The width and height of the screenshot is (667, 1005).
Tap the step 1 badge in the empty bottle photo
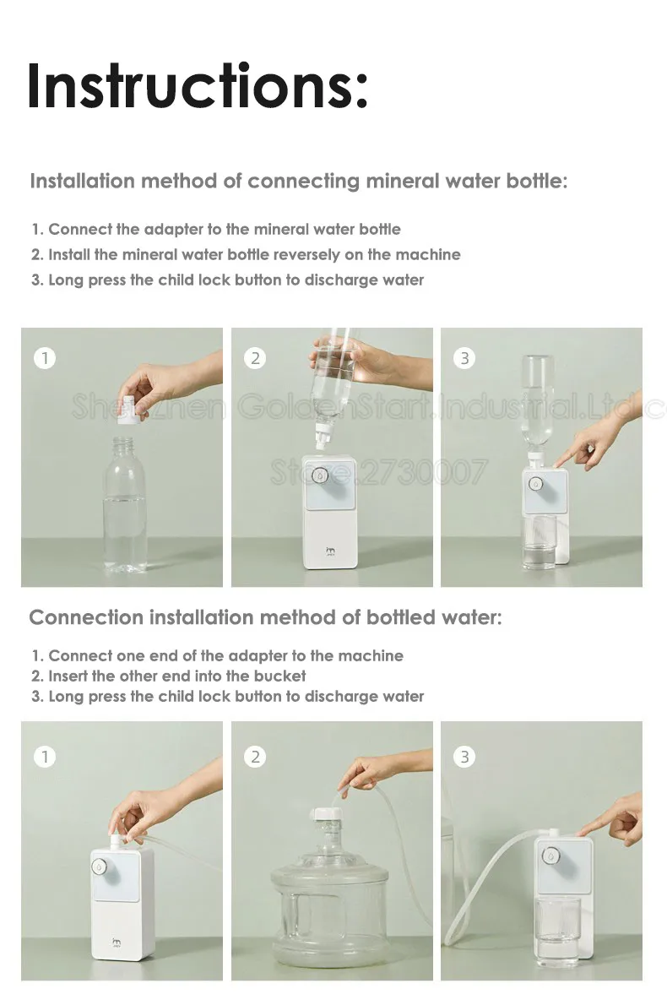point(45,357)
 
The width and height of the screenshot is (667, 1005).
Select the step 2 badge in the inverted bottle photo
point(255,357)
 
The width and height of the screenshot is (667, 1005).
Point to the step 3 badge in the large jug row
point(464,757)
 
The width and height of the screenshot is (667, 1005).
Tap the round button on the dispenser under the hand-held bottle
point(320,475)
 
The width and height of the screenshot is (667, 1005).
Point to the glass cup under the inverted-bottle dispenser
point(540,542)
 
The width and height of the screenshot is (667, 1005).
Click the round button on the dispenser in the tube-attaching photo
point(99,866)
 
